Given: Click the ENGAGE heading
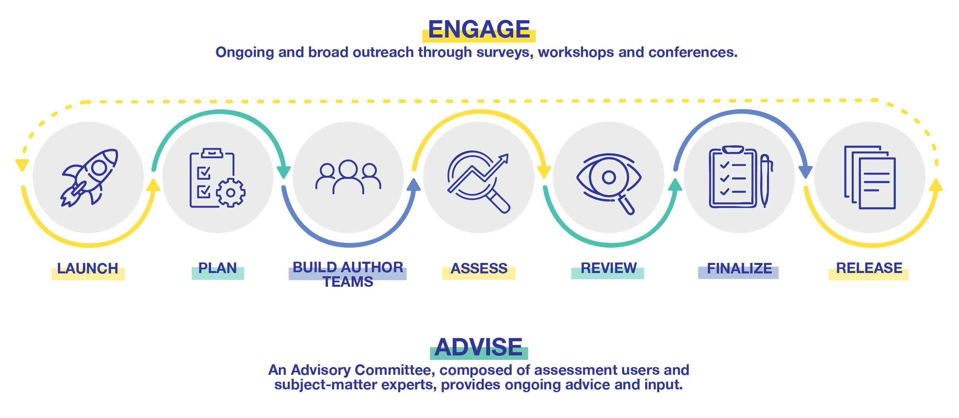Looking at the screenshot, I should click(479, 29).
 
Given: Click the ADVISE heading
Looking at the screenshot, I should click(479, 347).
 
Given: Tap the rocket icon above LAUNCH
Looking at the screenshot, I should click(89, 178).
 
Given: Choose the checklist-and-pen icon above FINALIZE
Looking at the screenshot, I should click(740, 178).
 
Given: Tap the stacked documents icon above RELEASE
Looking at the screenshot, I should click(870, 178).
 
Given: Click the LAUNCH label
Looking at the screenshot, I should click(88, 269).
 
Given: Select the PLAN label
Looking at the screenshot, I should click(217, 269).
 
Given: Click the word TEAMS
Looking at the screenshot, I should click(348, 282).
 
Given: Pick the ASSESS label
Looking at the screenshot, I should click(479, 269).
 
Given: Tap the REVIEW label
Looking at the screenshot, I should click(608, 269).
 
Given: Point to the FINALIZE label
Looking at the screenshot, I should click(739, 269).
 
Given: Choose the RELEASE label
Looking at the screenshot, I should click(869, 269).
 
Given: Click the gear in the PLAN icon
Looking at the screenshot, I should click(231, 193).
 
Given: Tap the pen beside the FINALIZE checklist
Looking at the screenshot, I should click(765, 180).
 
